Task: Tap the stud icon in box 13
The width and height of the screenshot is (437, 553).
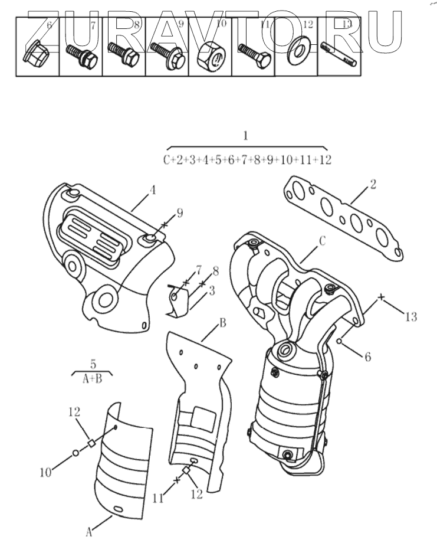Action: pos(338,54)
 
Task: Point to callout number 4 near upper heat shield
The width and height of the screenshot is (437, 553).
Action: pos(152,191)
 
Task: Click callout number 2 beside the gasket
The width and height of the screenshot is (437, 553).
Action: pos(373,184)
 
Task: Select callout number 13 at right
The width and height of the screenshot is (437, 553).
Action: pos(411,317)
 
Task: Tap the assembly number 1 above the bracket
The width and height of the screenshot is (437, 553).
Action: pos(246,136)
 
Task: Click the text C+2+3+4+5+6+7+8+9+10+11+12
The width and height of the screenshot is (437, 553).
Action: pos(247,160)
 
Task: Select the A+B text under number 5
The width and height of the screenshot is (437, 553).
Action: pos(91,379)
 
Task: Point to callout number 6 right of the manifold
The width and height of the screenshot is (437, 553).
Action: pos(367,356)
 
